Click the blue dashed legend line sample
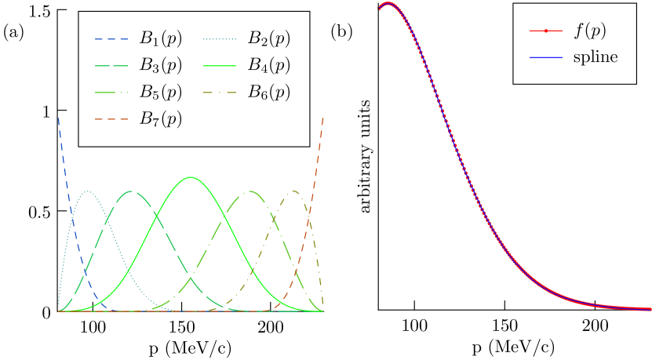[x=111, y=39]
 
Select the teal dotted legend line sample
[x=219, y=39]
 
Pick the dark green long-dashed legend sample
[x=111, y=66]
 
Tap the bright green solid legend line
[x=219, y=66]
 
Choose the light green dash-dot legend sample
[x=111, y=93]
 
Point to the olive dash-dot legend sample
[x=219, y=93]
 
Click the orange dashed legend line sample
[x=111, y=119]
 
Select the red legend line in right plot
[x=546, y=31]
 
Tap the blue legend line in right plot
[x=546, y=57]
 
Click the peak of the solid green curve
[x=191, y=177]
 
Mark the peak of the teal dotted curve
[x=88, y=191]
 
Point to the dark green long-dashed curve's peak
[x=130, y=191]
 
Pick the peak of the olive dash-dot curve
[x=294, y=191]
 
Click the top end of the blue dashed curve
[x=59, y=118]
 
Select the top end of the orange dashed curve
[x=322, y=118]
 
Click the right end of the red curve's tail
[x=650, y=308]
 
